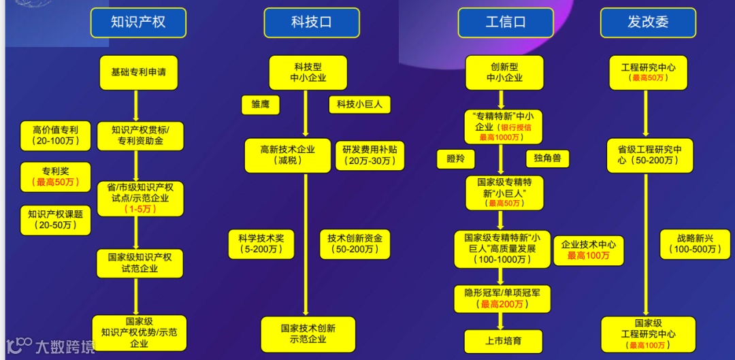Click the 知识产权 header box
tap(138, 22)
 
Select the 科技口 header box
tap(311, 22)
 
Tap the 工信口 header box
tap(505, 22)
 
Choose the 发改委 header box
tap(648, 22)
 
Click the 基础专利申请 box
tap(138, 72)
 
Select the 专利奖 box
tap(56, 176)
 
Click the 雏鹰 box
tap(261, 105)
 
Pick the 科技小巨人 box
tap(359, 105)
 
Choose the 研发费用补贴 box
tap(368, 155)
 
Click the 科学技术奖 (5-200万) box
tap(261, 244)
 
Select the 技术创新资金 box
tap(355, 244)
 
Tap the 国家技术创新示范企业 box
tap(308, 333)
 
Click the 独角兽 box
tap(547, 159)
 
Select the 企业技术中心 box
tap(589, 250)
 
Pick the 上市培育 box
tap(504, 341)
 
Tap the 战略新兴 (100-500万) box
tap(694, 244)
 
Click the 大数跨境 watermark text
tap(65, 346)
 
